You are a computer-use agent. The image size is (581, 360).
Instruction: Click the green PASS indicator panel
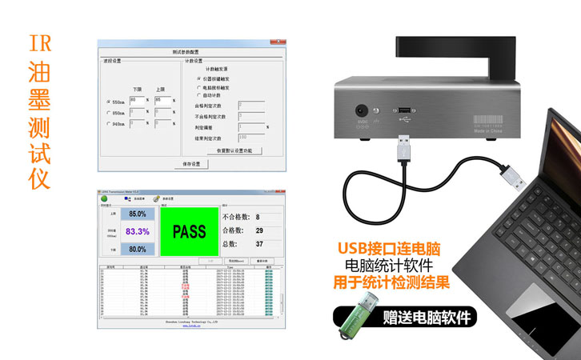tap(190, 232)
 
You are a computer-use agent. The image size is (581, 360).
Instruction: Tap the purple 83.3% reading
tap(137, 232)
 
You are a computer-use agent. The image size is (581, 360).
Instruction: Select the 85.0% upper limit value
tap(137, 214)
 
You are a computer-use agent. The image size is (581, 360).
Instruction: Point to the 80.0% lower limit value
tap(137, 249)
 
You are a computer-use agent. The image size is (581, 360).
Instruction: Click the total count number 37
tap(259, 243)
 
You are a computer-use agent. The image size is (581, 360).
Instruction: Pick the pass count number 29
tap(259, 230)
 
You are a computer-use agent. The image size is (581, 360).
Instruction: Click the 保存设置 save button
tap(191, 164)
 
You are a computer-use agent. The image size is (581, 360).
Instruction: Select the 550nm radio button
tap(108, 102)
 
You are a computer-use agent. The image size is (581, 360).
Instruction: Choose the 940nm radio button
tap(108, 124)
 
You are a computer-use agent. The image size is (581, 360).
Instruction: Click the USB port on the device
tap(404, 110)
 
